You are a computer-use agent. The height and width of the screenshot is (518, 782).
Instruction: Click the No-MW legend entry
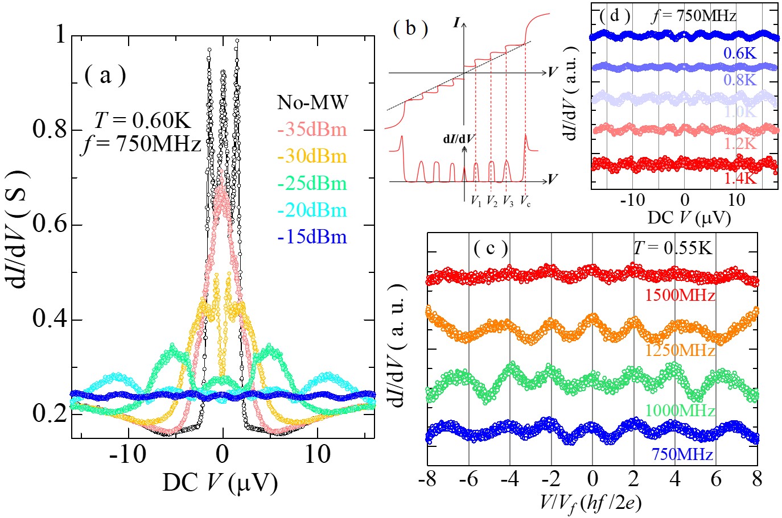pos(312,102)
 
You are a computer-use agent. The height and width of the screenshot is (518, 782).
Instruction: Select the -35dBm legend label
pos(312,130)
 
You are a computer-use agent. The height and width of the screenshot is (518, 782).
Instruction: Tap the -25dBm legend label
pos(312,184)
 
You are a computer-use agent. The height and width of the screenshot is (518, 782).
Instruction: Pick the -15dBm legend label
pos(312,237)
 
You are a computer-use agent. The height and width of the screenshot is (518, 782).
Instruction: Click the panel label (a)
pos(105,75)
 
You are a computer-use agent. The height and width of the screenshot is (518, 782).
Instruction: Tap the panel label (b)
pos(410,28)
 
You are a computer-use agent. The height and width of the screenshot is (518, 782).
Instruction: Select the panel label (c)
pos(491,248)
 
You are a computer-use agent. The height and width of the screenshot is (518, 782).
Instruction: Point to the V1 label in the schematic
pos(476,201)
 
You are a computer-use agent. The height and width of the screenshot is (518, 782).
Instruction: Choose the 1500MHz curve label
pos(680,295)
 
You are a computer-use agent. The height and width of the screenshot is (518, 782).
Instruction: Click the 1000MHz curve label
pos(680,410)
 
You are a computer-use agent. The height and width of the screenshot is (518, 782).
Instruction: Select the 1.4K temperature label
pos(740,178)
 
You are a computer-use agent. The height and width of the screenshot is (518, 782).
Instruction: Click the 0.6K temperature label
pos(740,53)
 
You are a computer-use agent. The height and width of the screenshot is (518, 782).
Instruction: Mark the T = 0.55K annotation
pos(672,248)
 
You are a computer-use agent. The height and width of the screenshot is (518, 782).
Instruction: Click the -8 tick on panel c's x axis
pos(427,479)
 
